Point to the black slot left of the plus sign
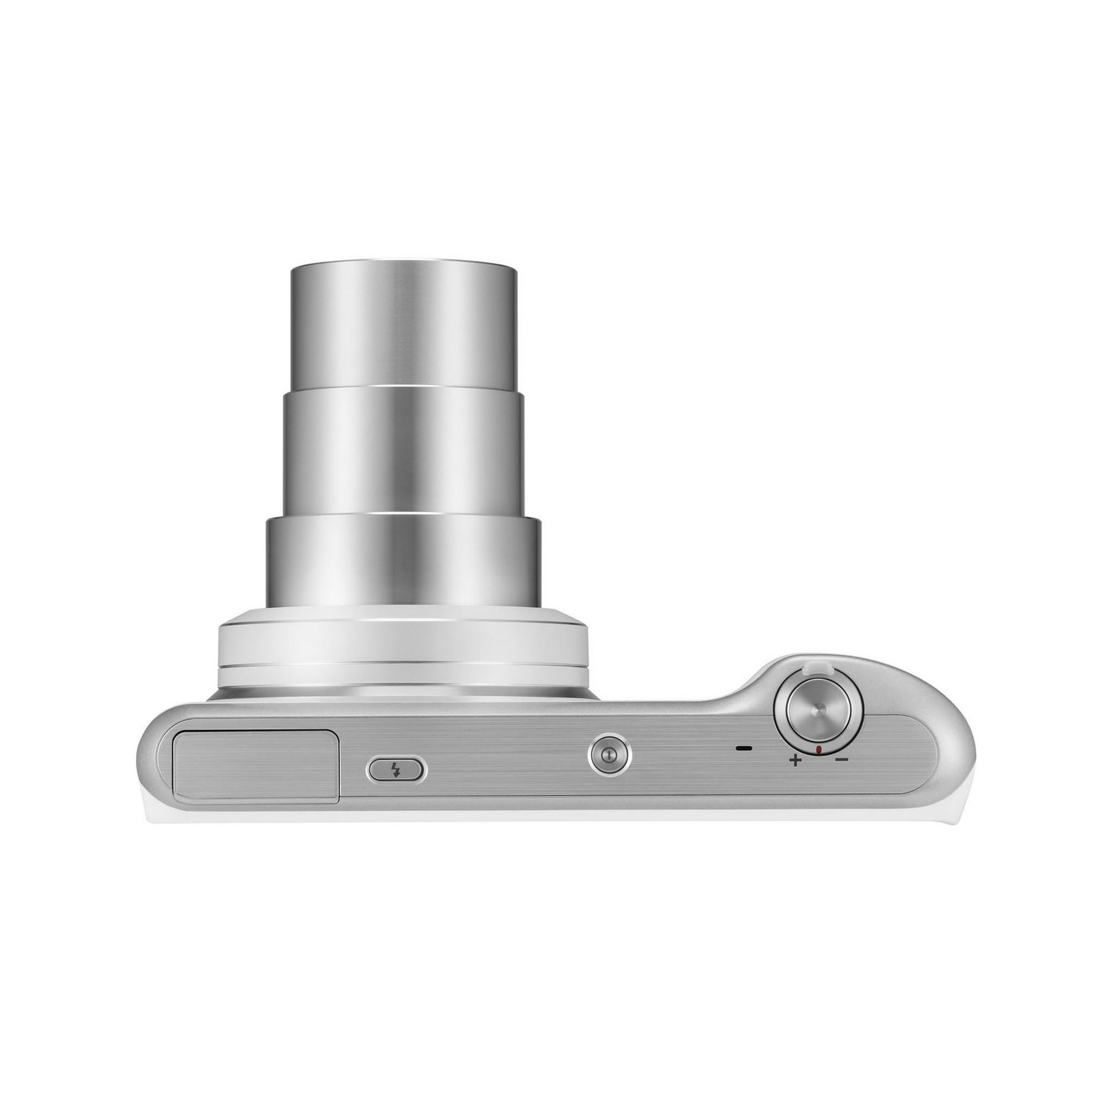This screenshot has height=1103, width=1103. point(744,748)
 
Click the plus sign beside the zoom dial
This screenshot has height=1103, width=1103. point(794,761)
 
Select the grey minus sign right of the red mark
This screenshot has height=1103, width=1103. point(842,759)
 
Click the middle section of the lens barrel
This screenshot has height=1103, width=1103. point(404,451)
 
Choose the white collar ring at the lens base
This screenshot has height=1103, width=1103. point(403,645)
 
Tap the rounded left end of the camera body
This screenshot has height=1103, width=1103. point(149,759)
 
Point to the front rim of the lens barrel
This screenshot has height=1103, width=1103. point(404,266)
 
